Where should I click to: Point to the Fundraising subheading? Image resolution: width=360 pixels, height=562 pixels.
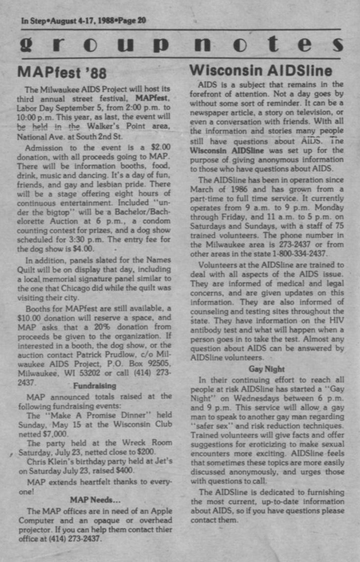pos(94,386)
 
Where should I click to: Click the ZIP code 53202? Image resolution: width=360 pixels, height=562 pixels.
pos(89,373)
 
